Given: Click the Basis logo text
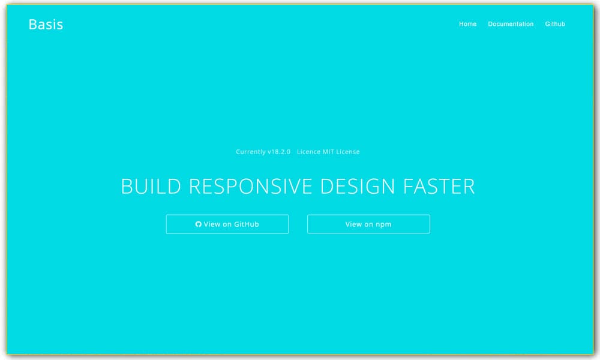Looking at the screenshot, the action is pos(46,25).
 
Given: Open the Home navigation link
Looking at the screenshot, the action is pos(467,24).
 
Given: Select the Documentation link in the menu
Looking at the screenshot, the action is pos(511,24).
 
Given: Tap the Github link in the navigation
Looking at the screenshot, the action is pos(555,24).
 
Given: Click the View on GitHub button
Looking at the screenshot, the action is pos(227,224).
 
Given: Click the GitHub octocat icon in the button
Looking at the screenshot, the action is pos(198,224).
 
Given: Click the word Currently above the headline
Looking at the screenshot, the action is pos(251,152).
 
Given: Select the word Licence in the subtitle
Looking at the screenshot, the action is pos(309,152).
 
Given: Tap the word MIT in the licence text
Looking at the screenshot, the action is pos(328,152).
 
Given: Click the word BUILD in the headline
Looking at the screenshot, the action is pos(151,187).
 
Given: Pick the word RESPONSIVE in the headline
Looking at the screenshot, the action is pos(251,187).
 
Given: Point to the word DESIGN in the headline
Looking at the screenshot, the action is pos(358,187).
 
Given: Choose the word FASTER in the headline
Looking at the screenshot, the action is pos(439,187).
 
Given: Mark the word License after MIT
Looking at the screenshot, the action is pos(348,152).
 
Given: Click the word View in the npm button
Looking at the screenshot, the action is pos(353,224).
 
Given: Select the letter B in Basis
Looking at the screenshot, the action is pos(33,25).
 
